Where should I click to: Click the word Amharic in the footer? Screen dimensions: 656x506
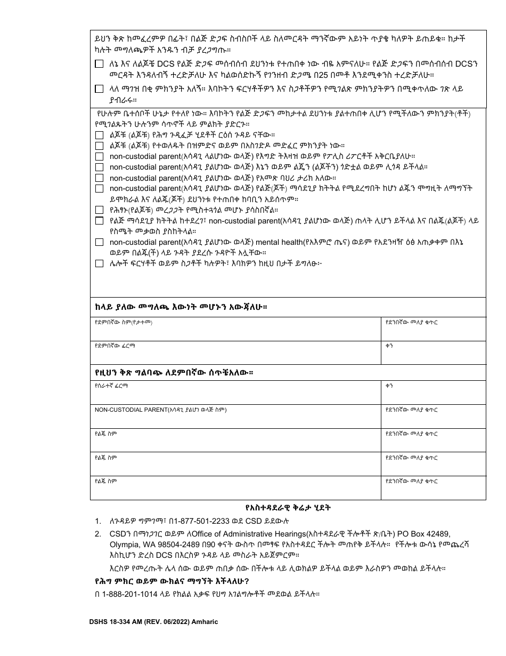203,622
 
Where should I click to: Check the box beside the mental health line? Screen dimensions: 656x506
99,242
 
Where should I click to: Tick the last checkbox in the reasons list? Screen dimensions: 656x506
99,263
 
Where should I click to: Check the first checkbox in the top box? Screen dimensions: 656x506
99,64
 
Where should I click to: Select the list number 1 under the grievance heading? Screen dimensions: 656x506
97,521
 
